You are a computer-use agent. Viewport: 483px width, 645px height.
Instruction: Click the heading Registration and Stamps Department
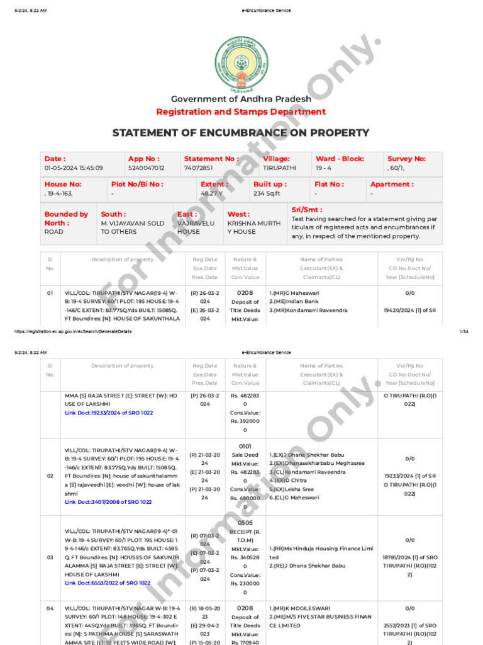[x=241, y=112]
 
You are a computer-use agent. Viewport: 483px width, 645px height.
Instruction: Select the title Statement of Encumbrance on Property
[x=241, y=133]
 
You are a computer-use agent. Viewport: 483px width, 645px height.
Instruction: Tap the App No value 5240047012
[x=146, y=168]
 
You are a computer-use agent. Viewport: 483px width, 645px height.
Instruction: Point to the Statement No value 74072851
[x=198, y=168]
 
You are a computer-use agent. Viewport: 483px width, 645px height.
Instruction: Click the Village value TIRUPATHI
[x=279, y=168]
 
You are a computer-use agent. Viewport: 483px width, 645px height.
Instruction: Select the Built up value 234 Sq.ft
[x=267, y=193]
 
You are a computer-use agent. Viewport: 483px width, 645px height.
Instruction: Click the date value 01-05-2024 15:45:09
[x=74, y=168]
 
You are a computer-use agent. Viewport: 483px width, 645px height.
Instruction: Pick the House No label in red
[x=63, y=185]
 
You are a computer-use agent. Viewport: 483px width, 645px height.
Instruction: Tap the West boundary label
[x=238, y=214]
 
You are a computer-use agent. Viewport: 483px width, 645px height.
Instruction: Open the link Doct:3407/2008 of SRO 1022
[x=108, y=502]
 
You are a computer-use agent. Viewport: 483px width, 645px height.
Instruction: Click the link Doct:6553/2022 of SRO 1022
[x=108, y=583]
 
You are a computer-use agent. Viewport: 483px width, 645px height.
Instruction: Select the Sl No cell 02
[x=50, y=476]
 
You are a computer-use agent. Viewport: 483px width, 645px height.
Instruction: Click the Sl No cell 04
[x=50, y=608]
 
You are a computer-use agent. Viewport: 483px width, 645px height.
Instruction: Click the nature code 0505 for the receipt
[x=245, y=523]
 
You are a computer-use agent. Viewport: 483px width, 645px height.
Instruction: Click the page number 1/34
[x=465, y=331]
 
